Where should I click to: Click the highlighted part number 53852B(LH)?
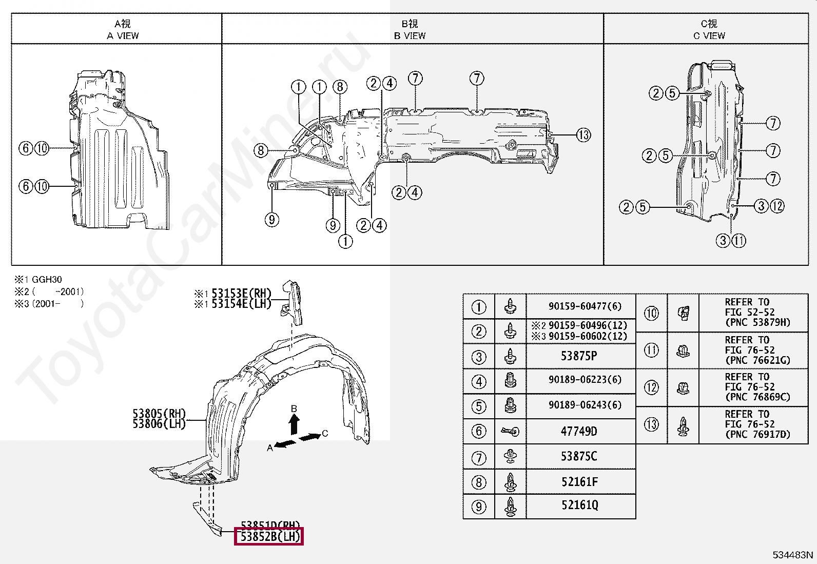[x=269, y=537]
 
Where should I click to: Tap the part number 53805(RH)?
[x=159, y=414]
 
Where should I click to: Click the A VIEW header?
[x=123, y=35]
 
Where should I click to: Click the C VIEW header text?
[x=709, y=35]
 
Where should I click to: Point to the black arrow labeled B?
[x=294, y=425]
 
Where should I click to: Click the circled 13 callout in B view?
[x=583, y=135]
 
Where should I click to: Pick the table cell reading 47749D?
[x=579, y=432]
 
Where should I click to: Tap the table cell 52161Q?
[x=579, y=505]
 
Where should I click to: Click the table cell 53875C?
[x=579, y=457]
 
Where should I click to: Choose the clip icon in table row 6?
[x=511, y=432]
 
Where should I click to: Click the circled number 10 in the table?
[x=651, y=313]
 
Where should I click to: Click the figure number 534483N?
[x=793, y=555]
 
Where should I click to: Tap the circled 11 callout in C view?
[x=738, y=240]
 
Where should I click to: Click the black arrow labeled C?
[x=309, y=437]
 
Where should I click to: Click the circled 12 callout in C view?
[x=777, y=206]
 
